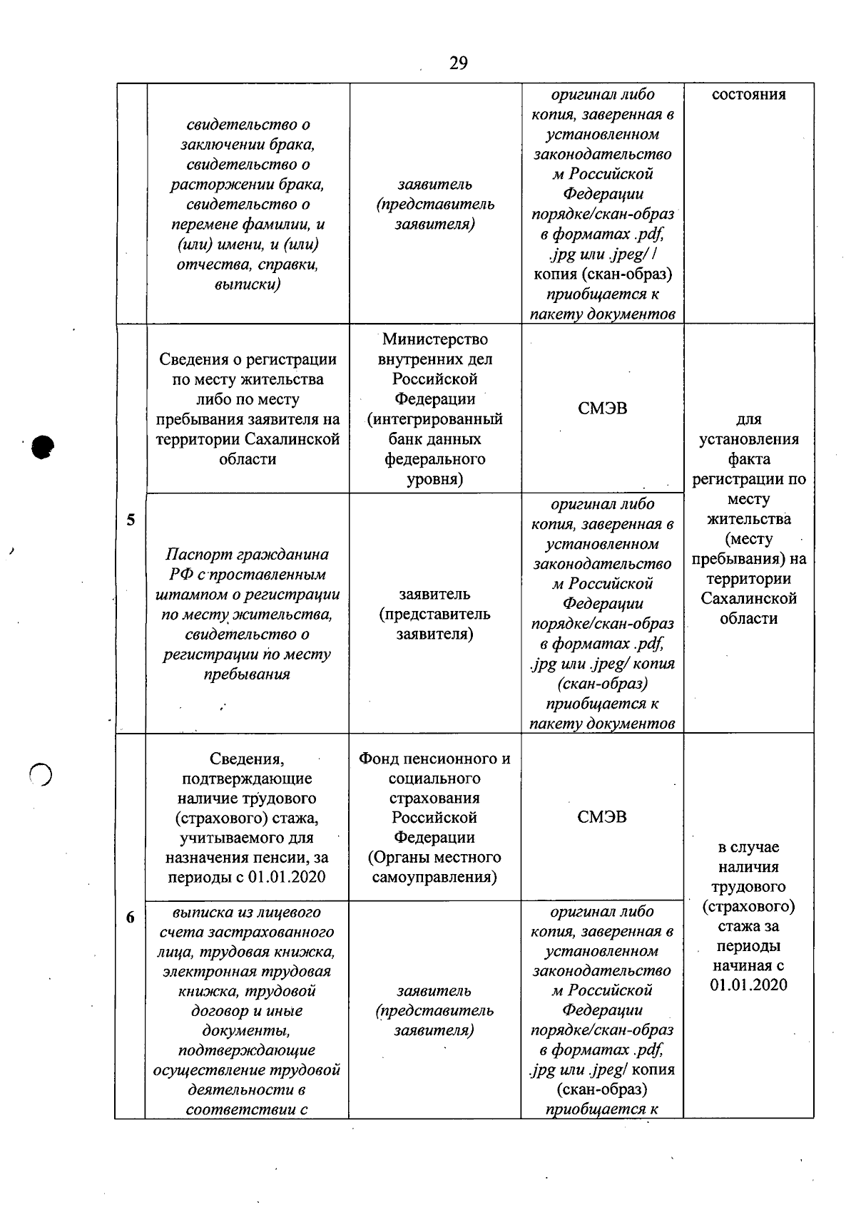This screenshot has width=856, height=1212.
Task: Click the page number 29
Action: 459,63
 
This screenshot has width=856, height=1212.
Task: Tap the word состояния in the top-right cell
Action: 748,95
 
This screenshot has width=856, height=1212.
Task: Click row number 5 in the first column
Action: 131,520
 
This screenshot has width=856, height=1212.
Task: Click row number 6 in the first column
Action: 130,918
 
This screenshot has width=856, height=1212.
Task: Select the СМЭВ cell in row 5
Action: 602,409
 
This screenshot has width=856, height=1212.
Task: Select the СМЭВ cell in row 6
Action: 602,817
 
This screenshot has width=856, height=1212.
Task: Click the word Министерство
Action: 434,339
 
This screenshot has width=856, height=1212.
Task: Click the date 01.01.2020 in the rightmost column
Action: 748,985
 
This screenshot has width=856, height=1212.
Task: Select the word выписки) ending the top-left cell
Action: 247,284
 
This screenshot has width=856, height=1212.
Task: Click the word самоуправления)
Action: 434,877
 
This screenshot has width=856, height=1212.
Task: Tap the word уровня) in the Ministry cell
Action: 434,479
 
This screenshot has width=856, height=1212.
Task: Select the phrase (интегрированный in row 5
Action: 434,419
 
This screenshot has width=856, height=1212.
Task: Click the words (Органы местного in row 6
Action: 434,857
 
